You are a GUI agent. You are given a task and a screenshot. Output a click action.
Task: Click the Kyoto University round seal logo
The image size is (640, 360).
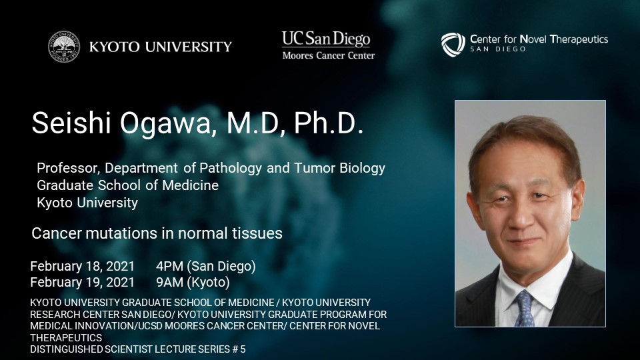64,47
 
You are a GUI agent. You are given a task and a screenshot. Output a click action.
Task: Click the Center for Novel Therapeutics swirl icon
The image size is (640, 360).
453,45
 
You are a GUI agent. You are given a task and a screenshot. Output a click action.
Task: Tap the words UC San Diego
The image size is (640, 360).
326,39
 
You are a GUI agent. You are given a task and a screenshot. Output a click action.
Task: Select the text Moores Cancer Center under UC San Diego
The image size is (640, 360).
328,55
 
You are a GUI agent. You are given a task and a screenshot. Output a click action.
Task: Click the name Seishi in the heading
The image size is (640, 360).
71,123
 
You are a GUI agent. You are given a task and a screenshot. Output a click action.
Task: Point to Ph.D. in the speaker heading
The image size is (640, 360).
329,123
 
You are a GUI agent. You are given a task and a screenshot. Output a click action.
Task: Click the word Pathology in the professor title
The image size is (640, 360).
231,168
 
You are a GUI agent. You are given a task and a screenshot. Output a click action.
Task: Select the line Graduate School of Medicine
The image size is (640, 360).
128,185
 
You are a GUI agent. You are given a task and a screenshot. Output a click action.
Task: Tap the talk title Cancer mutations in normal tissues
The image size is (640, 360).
157,233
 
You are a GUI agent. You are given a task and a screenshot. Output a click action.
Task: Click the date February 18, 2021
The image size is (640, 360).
83,267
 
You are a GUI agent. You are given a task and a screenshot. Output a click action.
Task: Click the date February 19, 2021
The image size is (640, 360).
83,283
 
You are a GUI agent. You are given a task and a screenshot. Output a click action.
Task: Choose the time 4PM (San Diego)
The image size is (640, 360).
206,267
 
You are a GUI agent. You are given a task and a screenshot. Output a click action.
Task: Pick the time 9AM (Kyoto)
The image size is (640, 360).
193,283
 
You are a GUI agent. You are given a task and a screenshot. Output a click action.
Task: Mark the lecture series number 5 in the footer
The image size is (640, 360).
243,349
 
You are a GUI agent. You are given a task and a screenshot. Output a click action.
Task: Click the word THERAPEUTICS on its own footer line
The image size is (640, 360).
66,338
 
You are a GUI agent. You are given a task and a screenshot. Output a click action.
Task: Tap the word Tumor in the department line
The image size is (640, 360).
314,168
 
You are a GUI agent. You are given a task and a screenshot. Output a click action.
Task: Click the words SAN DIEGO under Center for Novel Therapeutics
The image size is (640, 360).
498,49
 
